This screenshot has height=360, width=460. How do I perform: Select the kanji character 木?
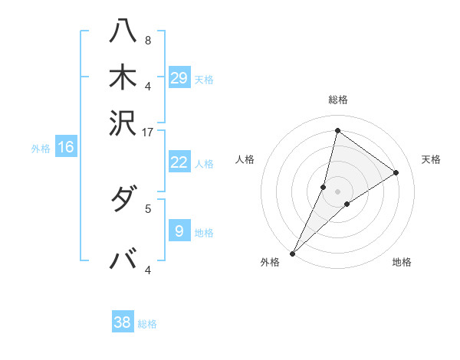[x=124, y=78]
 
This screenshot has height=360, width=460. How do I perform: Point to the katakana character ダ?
[x=124, y=201]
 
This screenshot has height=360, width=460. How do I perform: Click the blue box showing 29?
[x=179, y=78]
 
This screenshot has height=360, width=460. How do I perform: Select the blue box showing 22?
[x=179, y=162]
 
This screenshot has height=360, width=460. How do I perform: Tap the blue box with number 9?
[x=179, y=231]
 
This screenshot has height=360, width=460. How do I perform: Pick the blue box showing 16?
[x=66, y=148]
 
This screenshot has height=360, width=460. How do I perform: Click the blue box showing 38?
[x=123, y=322]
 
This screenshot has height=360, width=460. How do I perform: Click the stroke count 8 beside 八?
[x=147, y=41]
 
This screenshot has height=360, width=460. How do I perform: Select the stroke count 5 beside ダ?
[x=148, y=208]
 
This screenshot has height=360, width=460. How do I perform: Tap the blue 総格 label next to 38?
[x=147, y=324]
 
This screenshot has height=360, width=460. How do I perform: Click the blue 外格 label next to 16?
[x=41, y=149]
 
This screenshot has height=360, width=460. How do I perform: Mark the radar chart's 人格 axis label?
[x=245, y=159]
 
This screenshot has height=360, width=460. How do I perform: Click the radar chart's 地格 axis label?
[x=402, y=262]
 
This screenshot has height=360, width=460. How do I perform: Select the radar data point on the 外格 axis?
[x=292, y=254]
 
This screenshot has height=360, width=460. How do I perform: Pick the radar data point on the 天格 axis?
[x=396, y=173]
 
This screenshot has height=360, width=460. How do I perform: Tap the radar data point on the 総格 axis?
[x=337, y=131]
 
